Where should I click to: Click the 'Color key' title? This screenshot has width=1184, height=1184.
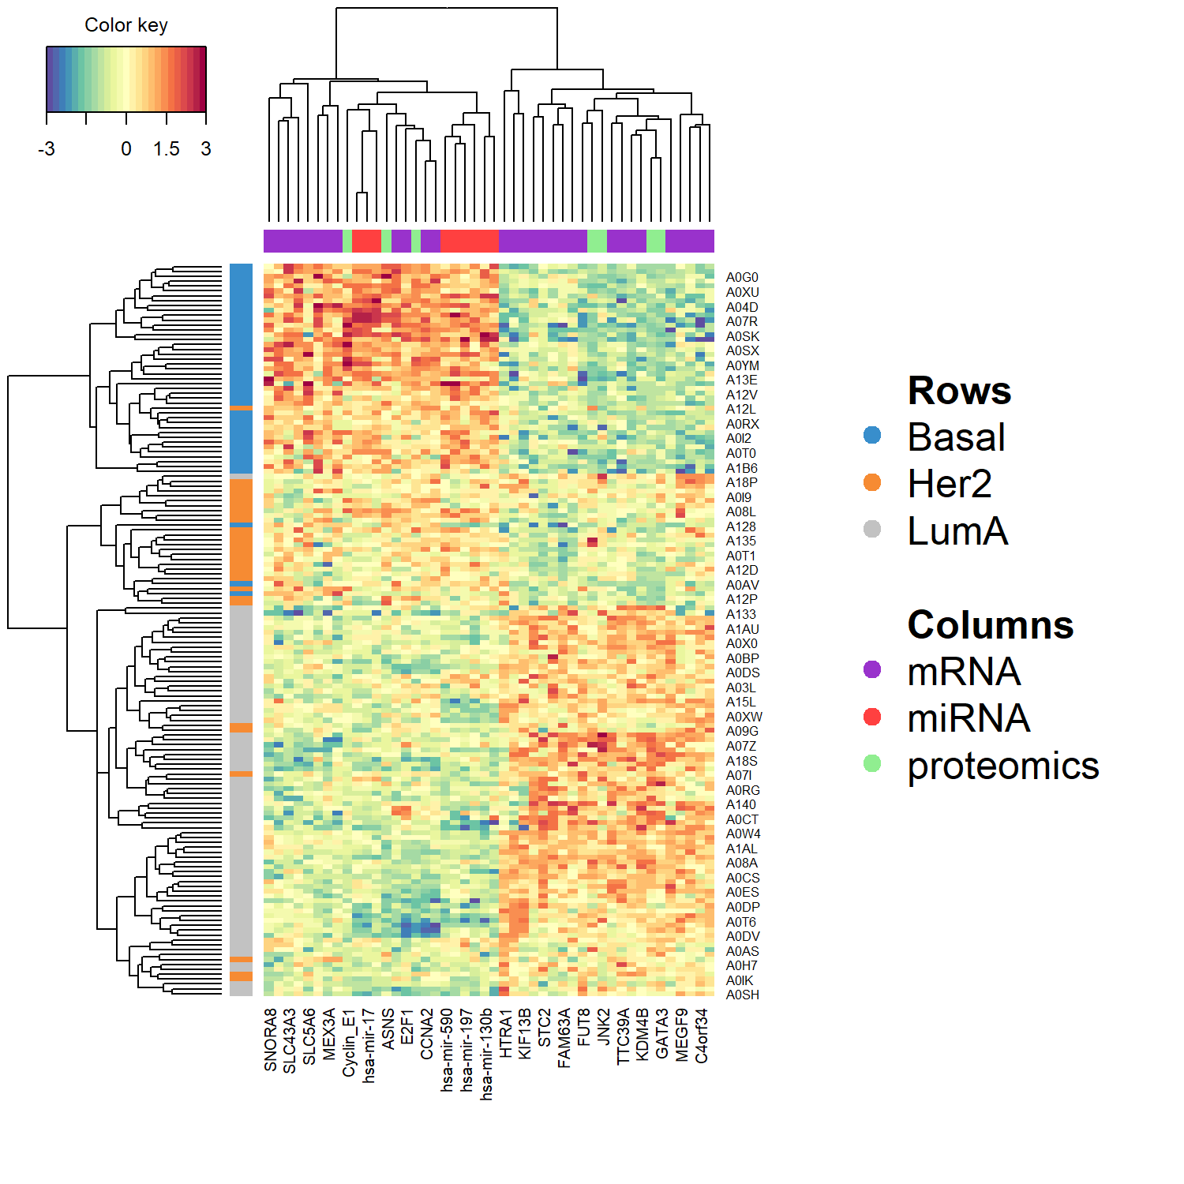click(x=126, y=25)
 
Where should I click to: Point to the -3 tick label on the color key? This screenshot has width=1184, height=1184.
click(x=47, y=148)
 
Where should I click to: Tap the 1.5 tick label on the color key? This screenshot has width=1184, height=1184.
click(x=167, y=148)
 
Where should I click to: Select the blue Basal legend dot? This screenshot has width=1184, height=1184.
click(x=872, y=436)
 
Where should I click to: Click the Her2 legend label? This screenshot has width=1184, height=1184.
click(x=950, y=484)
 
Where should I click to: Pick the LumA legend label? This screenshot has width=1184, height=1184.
click(x=957, y=530)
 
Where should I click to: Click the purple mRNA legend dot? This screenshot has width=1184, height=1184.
click(x=872, y=670)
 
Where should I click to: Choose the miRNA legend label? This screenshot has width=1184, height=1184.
click(x=969, y=718)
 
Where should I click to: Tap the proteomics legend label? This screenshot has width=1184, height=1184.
click(x=1003, y=766)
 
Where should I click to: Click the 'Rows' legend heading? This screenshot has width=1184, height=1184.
click(x=959, y=391)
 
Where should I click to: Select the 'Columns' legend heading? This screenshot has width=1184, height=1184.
click(x=991, y=625)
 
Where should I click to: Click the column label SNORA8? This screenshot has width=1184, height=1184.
click(x=271, y=1040)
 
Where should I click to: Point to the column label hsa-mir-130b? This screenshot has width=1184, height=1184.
click(x=486, y=1054)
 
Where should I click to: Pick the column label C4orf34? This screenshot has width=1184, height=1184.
click(x=702, y=1036)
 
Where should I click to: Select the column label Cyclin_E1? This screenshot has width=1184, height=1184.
click(x=349, y=1042)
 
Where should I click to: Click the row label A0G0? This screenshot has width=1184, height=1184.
click(x=742, y=278)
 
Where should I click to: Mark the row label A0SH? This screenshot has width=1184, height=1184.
click(x=743, y=995)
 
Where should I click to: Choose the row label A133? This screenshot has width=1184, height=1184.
click(x=741, y=615)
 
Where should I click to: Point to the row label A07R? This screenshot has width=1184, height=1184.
click(x=742, y=322)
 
